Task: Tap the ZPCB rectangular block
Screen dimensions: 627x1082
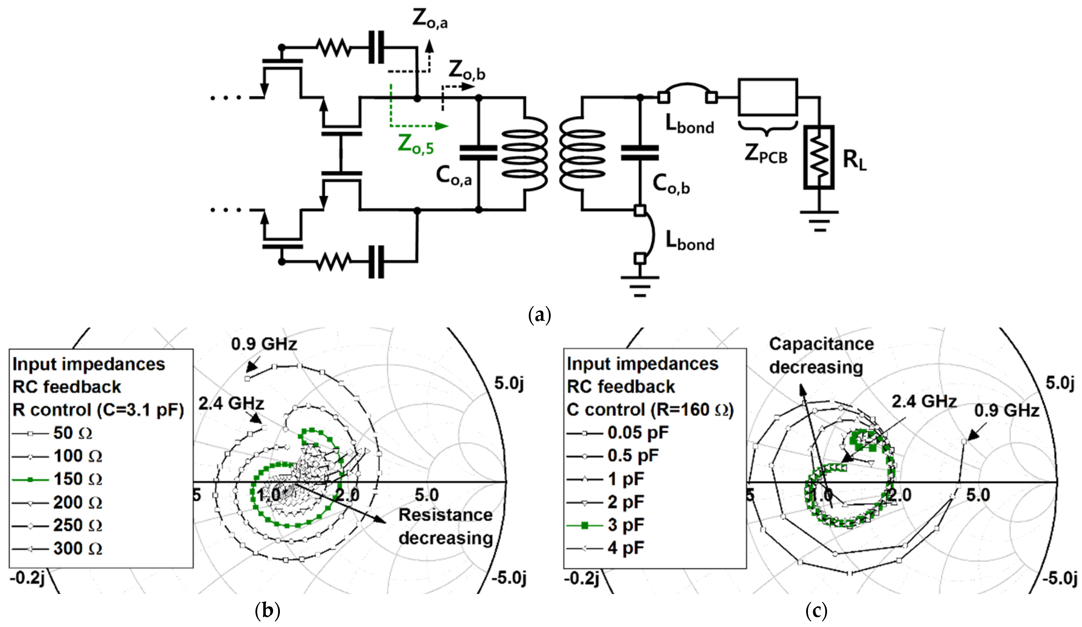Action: (x=768, y=97)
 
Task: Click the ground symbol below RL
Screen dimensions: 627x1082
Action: (x=819, y=221)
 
